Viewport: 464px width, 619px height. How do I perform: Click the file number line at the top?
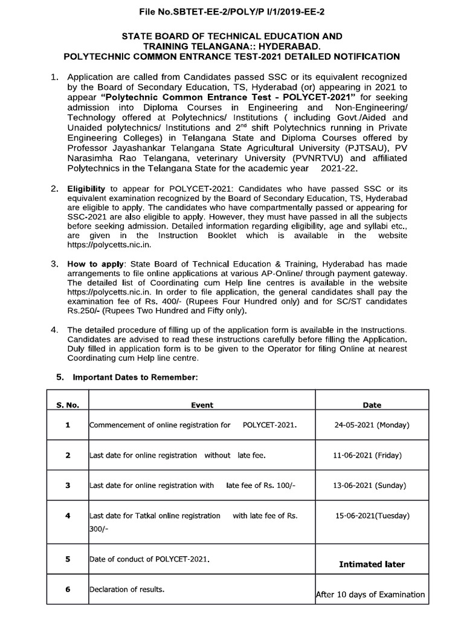232,11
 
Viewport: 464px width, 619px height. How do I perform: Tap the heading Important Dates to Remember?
135,377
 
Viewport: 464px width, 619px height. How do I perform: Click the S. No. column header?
68,405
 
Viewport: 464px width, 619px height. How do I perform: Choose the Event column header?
202,405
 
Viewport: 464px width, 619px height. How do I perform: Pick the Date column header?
372,405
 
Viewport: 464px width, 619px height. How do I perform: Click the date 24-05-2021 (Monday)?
372,425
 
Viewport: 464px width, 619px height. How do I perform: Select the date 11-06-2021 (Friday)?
372,455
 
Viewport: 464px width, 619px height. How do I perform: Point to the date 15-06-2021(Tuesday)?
372,516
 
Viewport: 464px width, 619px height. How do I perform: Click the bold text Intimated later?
372,565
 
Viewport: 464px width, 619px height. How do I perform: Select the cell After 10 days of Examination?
370,595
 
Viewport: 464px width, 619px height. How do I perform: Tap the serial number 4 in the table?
68,516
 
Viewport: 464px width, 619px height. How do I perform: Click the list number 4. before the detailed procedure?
54,329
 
